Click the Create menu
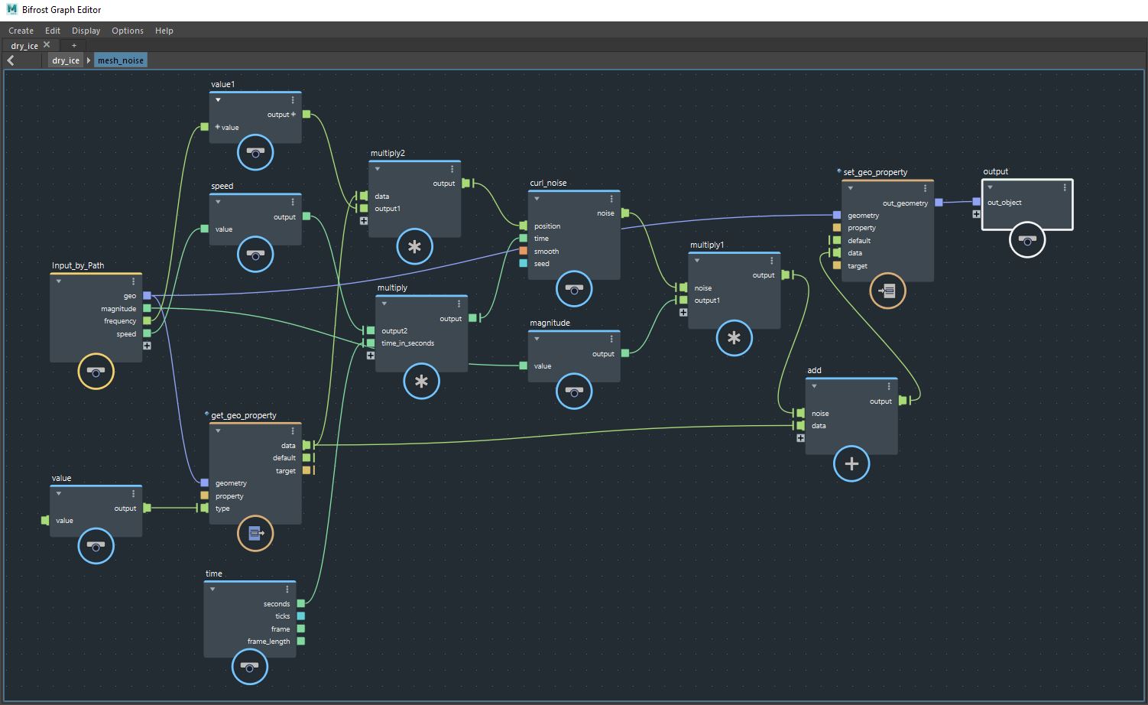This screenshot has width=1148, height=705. click(21, 31)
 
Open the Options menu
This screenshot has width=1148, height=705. click(127, 31)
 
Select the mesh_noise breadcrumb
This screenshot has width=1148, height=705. click(120, 60)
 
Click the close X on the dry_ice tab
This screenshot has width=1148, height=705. click(47, 45)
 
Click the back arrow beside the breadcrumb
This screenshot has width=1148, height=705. click(11, 60)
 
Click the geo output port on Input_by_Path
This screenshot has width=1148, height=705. click(147, 296)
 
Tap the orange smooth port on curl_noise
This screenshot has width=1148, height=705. click(523, 251)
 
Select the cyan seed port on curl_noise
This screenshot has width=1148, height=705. click(523, 264)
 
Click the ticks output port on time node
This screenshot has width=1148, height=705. click(301, 616)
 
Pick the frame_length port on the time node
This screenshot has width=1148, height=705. click(301, 642)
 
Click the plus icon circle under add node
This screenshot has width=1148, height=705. click(851, 463)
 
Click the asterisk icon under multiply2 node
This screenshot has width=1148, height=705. click(414, 247)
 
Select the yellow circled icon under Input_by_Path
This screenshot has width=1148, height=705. click(96, 372)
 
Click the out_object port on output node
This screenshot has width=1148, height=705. click(976, 202)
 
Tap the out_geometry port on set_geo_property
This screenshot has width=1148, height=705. click(939, 203)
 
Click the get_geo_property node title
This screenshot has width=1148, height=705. click(244, 415)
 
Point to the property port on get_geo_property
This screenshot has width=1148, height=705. click(204, 495)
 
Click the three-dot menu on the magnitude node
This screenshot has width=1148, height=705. click(611, 339)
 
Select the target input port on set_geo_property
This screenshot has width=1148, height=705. click(837, 265)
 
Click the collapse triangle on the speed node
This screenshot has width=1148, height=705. click(219, 202)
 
